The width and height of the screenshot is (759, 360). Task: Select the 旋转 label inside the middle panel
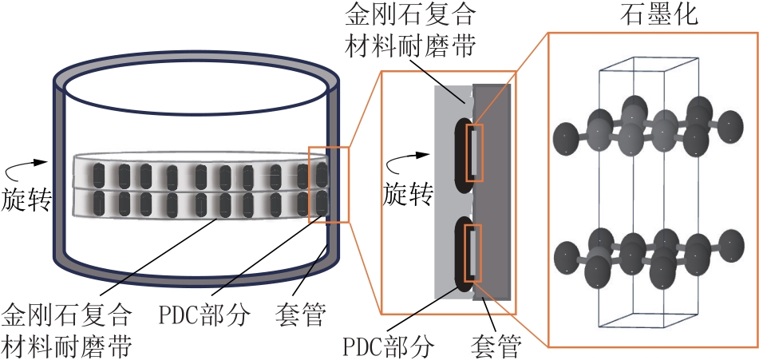coord(408,193)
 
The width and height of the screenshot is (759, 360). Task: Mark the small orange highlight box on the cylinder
coord(328,184)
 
